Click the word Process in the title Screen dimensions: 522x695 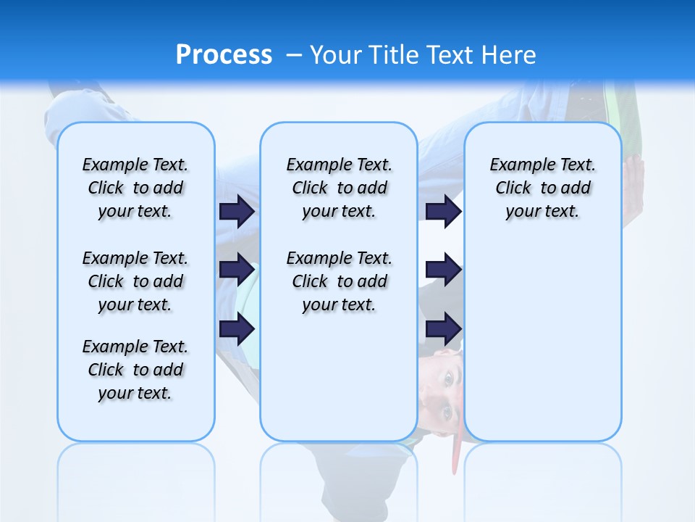(224, 54)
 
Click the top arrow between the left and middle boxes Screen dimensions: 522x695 (237, 211)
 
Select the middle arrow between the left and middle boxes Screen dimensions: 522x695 (237, 270)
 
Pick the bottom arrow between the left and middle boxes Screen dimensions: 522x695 (237, 328)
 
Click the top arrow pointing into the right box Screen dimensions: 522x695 (443, 211)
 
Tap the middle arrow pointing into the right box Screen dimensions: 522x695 (443, 270)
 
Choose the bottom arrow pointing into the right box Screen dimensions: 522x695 (443, 328)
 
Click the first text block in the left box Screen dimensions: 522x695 (135, 188)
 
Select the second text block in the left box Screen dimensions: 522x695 (135, 281)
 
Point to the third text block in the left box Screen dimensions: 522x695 (135, 370)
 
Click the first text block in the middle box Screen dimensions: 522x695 (339, 188)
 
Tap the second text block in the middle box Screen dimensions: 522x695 (339, 281)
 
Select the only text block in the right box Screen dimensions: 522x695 (542, 188)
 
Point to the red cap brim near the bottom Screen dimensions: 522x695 (455, 453)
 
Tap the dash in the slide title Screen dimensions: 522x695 (294, 55)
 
